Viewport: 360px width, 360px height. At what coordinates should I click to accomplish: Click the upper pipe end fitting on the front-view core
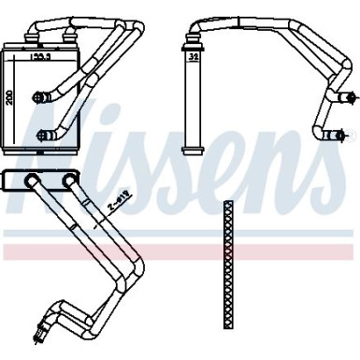(x=39, y=94)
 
